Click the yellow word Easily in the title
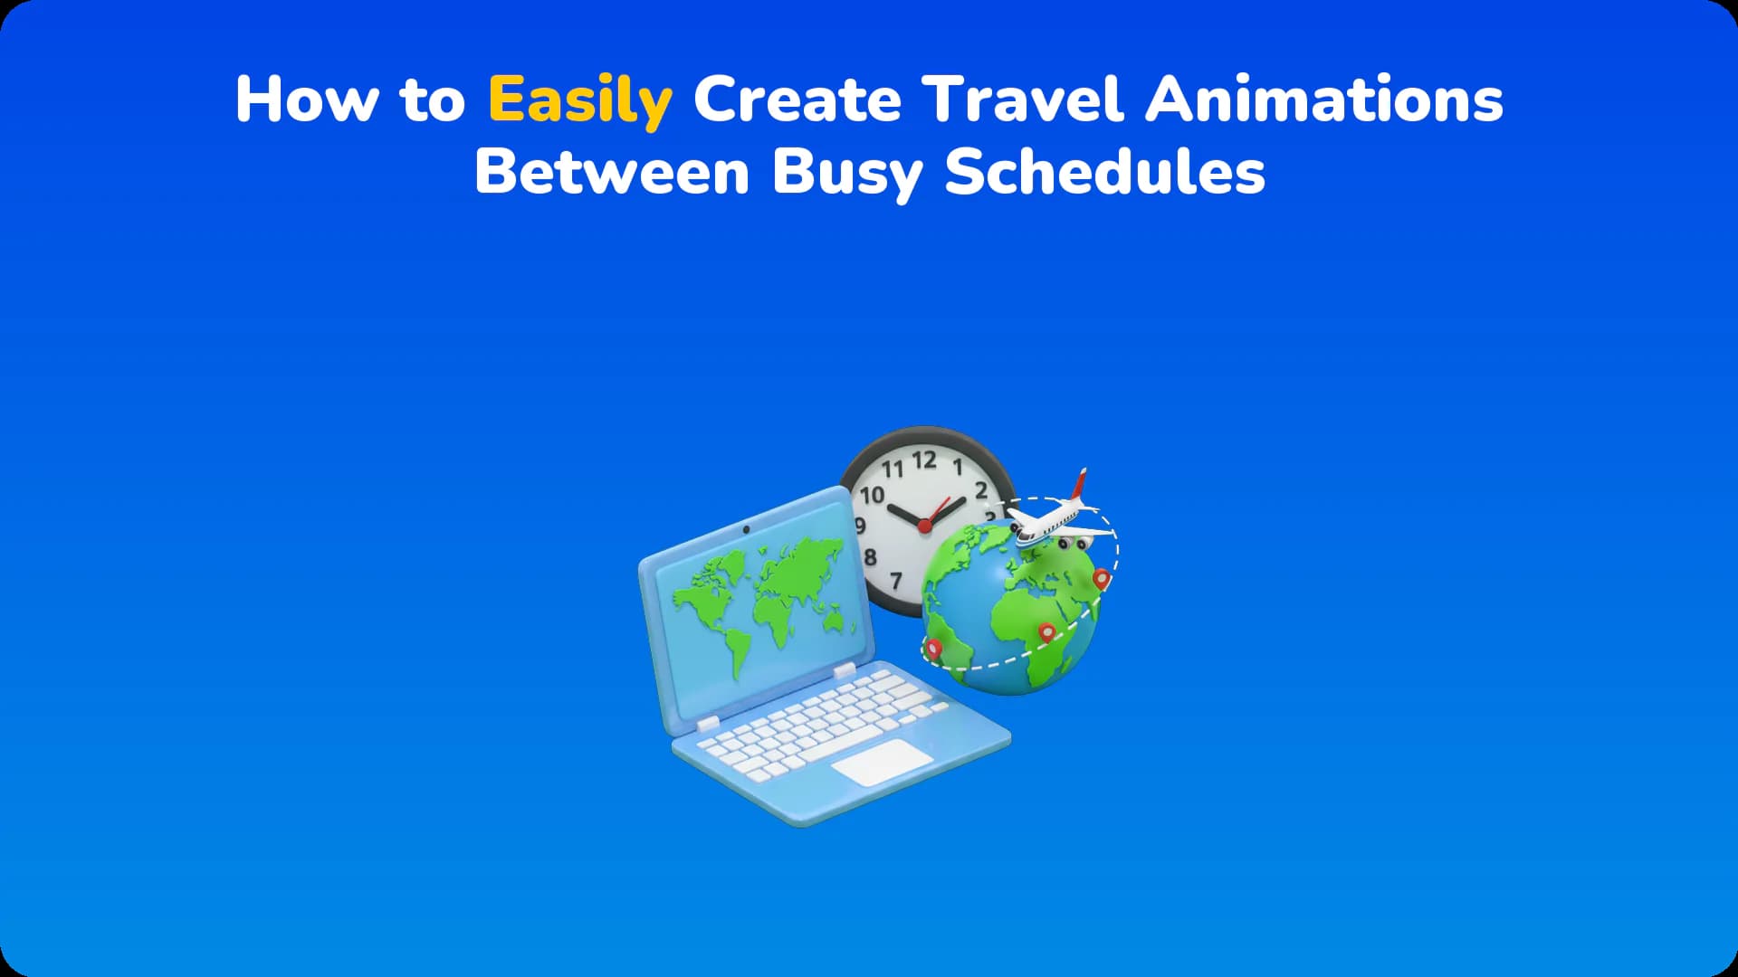click(x=579, y=100)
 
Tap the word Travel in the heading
click(x=1023, y=99)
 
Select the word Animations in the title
click(x=1323, y=99)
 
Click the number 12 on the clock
click(x=924, y=460)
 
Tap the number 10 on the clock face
click(x=873, y=495)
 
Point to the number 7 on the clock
click(x=896, y=581)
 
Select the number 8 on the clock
click(x=870, y=556)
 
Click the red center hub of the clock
click(x=924, y=525)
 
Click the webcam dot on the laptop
click(x=746, y=528)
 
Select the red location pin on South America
click(x=933, y=648)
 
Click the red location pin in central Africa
click(x=1046, y=633)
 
